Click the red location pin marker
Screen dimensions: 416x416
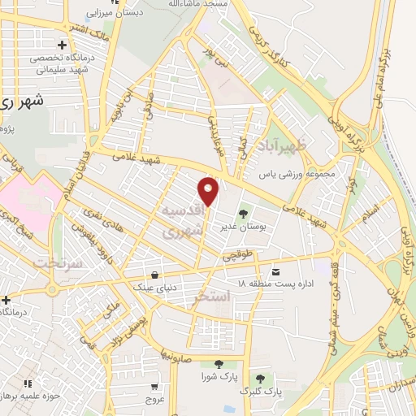[209, 191]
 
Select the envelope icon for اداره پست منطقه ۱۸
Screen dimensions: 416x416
[277, 271]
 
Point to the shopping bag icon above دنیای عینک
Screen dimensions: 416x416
[155, 273]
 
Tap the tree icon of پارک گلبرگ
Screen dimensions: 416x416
[260, 379]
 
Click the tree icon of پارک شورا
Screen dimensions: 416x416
[217, 365]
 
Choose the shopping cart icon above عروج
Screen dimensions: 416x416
[155, 388]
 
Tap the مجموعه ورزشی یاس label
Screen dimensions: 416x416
[287, 174]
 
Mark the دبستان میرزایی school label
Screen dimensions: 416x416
[115, 12]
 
